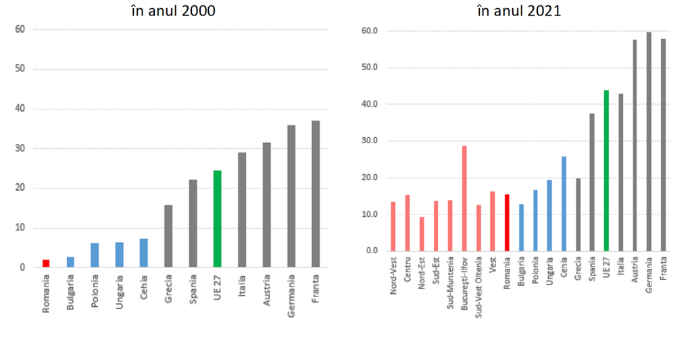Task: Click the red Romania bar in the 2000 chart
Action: [x=46, y=263]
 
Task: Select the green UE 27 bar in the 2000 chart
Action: [x=217, y=219]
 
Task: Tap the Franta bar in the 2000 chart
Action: [x=316, y=194]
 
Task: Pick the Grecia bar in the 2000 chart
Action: [x=168, y=236]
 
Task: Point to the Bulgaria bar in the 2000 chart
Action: [x=70, y=262]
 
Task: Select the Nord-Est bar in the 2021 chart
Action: [x=422, y=234]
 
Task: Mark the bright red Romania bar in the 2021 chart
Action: [x=507, y=222]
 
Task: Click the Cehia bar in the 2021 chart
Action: [x=564, y=203]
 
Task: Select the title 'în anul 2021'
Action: [x=518, y=11]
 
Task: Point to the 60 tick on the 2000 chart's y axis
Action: [x=20, y=29]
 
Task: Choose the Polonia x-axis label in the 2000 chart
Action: [x=95, y=290]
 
